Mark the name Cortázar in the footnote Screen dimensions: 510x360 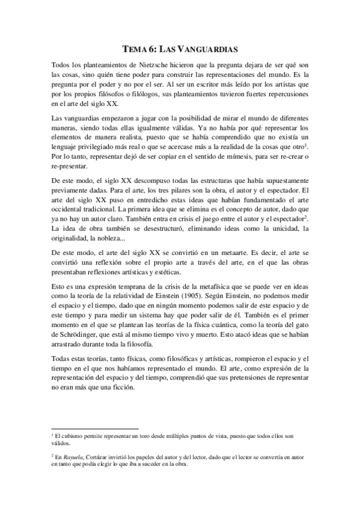tap(98, 456)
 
